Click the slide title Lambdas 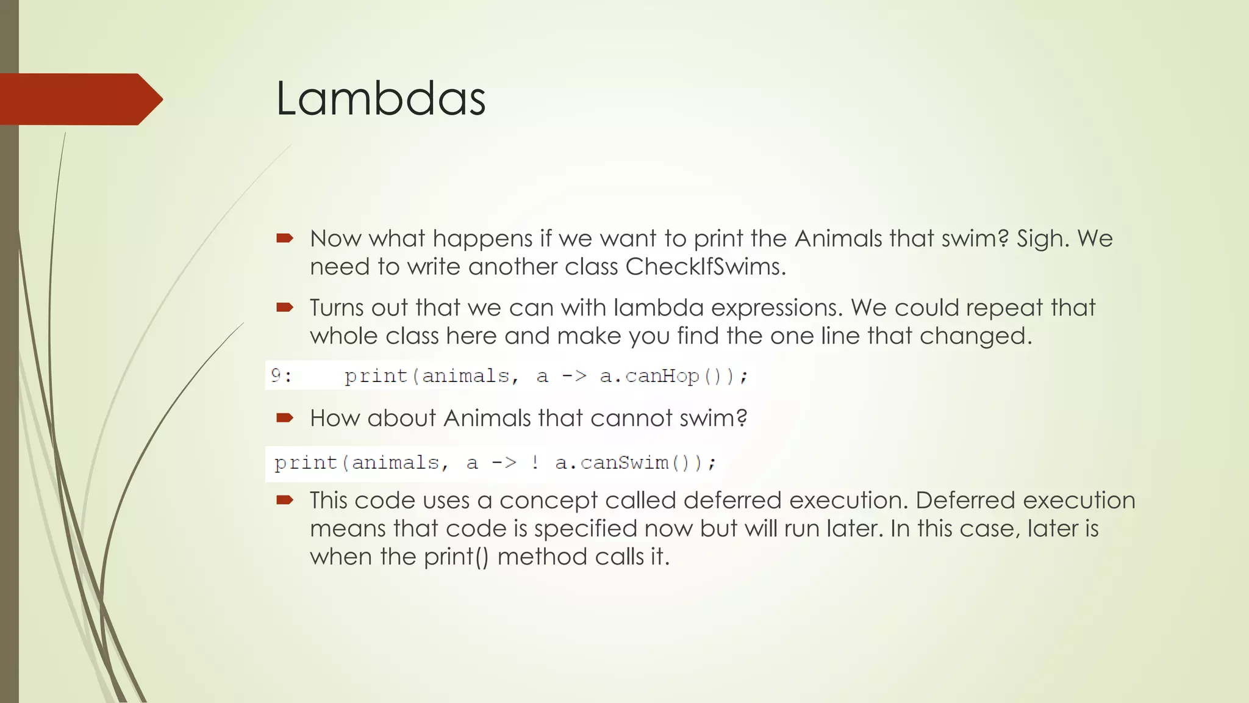(x=381, y=99)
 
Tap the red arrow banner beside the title (x=79, y=99)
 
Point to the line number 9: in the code (x=281, y=375)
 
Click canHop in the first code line (x=662, y=376)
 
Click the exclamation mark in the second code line (x=535, y=463)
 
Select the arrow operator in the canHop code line (x=573, y=376)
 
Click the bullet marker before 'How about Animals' (x=285, y=418)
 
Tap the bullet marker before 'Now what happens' (x=285, y=239)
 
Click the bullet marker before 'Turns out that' (x=285, y=308)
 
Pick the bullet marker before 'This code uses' (x=285, y=500)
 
